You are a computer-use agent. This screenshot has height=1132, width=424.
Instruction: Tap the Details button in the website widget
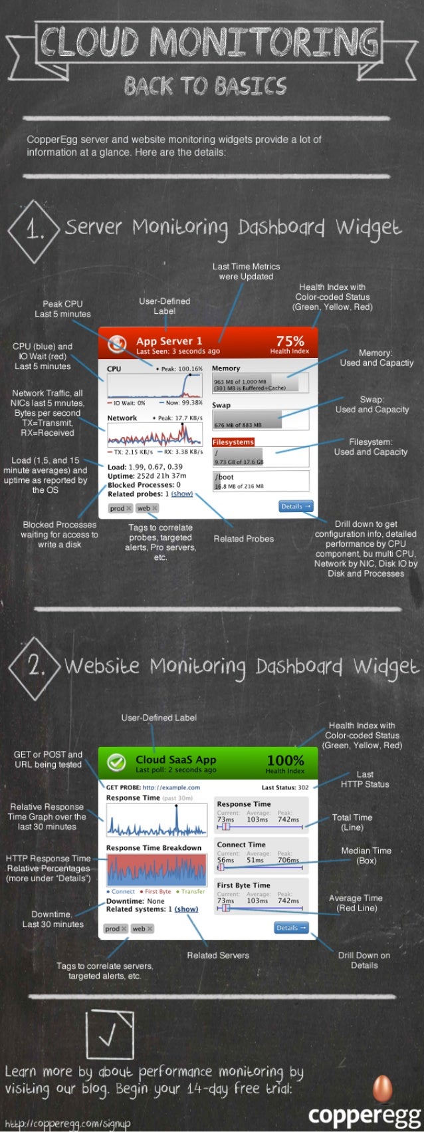[x=291, y=928]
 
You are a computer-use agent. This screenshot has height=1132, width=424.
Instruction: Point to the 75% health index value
[x=290, y=341]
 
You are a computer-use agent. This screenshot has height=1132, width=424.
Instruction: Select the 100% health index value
[x=285, y=760]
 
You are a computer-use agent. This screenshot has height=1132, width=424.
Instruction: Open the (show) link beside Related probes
[x=182, y=494]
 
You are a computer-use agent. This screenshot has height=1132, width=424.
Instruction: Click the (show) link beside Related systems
[x=186, y=909]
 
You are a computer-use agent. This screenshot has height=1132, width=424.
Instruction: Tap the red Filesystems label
[x=233, y=442]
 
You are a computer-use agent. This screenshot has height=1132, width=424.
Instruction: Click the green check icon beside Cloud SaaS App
[x=117, y=763]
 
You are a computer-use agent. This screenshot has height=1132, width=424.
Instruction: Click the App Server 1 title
[x=169, y=341]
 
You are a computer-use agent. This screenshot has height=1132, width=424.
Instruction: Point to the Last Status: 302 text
[x=284, y=787]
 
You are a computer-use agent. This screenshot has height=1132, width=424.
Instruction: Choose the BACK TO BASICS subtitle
[x=205, y=86]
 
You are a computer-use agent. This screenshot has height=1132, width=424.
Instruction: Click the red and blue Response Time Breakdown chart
[x=157, y=871]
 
